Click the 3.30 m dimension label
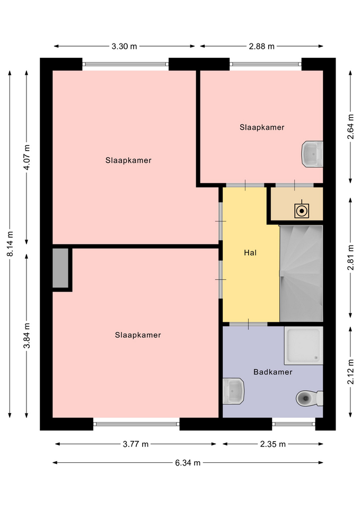click(x=124, y=47)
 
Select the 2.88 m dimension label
click(x=261, y=47)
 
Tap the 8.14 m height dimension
click(x=10, y=244)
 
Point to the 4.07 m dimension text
click(x=27, y=157)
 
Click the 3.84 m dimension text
click(x=27, y=336)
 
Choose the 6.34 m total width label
click(x=188, y=463)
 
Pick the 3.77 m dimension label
click(x=135, y=444)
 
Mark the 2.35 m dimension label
click(x=273, y=444)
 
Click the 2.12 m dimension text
click(x=350, y=372)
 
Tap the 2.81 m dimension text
click(x=350, y=258)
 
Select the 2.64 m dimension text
click(x=350, y=127)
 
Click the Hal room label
click(x=250, y=252)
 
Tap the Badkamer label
click(x=273, y=372)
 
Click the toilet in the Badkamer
click(x=309, y=398)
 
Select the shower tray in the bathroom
click(x=303, y=345)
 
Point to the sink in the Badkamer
click(x=233, y=391)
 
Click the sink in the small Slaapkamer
click(x=312, y=154)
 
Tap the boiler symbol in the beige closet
click(x=302, y=210)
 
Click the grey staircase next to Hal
click(x=301, y=274)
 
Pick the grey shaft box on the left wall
click(x=60, y=268)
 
